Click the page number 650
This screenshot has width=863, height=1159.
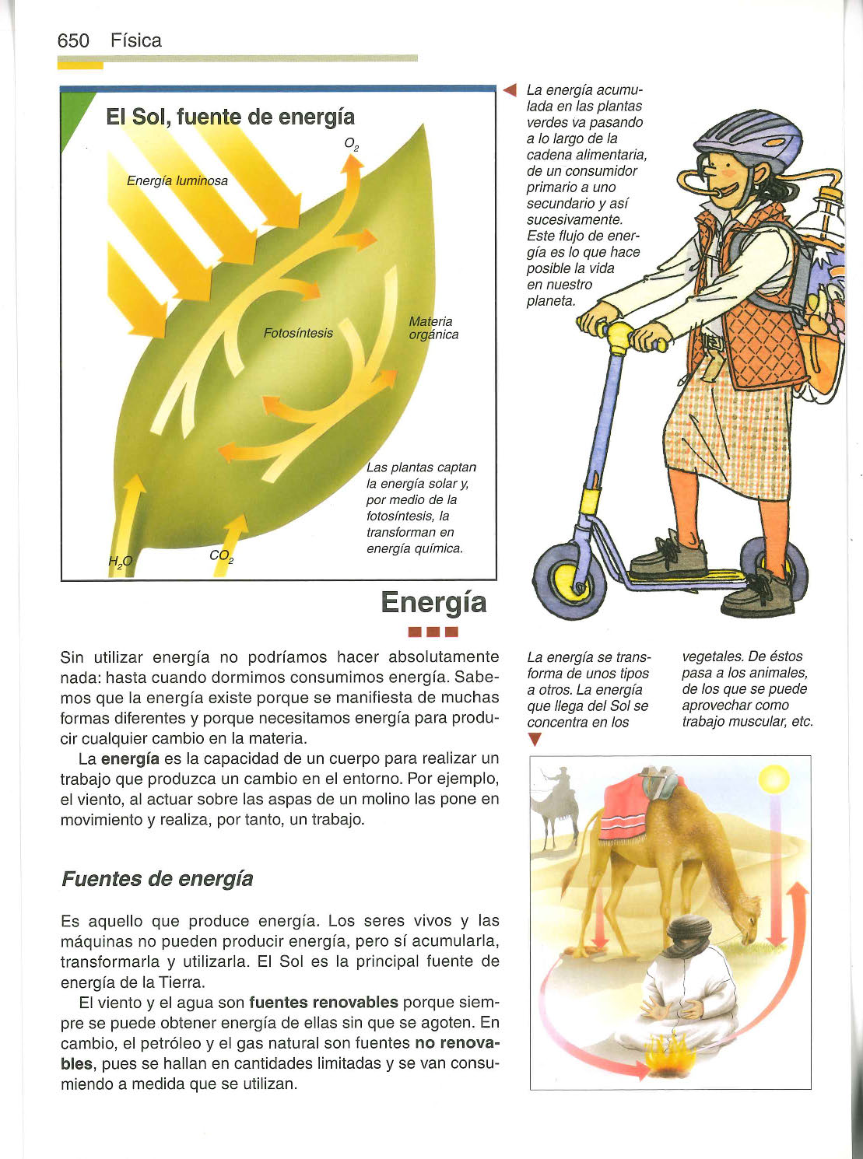(x=73, y=41)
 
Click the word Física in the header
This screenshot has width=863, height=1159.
(x=135, y=41)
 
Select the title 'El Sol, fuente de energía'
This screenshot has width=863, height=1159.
(x=230, y=117)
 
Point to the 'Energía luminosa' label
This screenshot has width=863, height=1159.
(x=177, y=181)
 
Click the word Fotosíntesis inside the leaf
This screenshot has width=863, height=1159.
(x=298, y=334)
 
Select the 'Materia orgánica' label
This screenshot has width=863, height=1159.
(x=433, y=328)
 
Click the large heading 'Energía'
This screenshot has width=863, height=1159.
(x=433, y=603)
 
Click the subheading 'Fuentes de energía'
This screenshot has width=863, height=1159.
(x=157, y=879)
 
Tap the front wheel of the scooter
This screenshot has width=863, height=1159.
(x=570, y=580)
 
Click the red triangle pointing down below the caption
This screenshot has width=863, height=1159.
(x=534, y=740)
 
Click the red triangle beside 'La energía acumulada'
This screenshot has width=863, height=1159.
(x=510, y=90)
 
